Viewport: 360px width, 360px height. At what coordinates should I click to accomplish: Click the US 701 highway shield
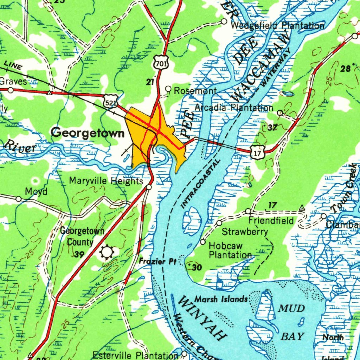coord(161,63)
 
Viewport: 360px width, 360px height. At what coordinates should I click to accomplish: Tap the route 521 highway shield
coord(110,102)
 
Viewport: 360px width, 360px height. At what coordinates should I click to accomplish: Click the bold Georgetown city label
coord(88,133)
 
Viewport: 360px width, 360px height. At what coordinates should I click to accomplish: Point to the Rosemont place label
coord(195,91)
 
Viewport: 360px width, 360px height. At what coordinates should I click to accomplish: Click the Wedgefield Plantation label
coord(278,25)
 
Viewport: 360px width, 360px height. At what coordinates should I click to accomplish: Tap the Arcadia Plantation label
coord(234,108)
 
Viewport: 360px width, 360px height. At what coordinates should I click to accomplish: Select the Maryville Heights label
coord(106,181)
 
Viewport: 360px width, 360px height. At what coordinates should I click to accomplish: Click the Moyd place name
coord(36,192)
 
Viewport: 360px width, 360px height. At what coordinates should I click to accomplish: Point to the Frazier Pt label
coord(157,261)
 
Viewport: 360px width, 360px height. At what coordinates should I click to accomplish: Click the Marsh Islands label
coord(221,299)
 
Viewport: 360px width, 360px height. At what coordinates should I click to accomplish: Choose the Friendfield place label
coord(271,221)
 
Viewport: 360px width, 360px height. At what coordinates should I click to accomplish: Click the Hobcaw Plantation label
coord(230,250)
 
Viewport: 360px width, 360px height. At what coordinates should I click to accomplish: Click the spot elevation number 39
coord(79,254)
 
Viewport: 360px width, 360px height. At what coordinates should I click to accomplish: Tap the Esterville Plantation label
coord(135,355)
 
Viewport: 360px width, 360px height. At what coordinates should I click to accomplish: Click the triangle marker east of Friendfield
coord(302,208)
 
